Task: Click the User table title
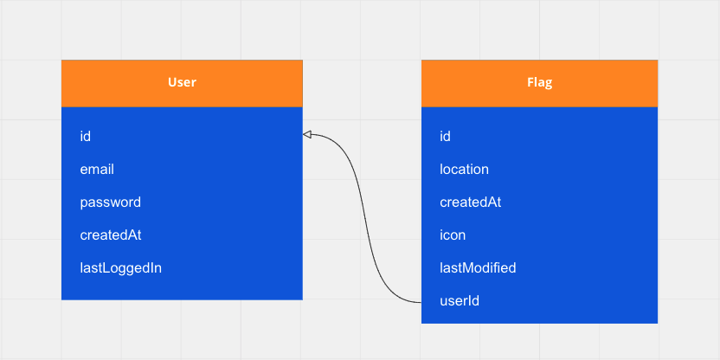pyautogui.click(x=182, y=83)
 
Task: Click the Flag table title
pyautogui.click(x=539, y=83)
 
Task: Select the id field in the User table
pyautogui.click(x=86, y=137)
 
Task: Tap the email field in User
pyautogui.click(x=97, y=170)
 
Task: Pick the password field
pyautogui.click(x=111, y=202)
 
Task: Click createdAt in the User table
pyautogui.click(x=111, y=235)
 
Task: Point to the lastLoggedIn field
pyautogui.click(x=121, y=268)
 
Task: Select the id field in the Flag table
pyautogui.click(x=446, y=137)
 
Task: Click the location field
pyautogui.click(x=464, y=170)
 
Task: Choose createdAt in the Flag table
pyautogui.click(x=471, y=202)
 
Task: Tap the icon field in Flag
pyautogui.click(x=453, y=235)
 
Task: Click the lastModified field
pyautogui.click(x=478, y=268)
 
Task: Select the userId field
pyautogui.click(x=460, y=301)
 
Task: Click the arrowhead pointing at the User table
pyautogui.click(x=307, y=134)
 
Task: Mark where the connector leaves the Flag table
pyautogui.click(x=421, y=303)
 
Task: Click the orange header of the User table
pyautogui.click(x=182, y=83)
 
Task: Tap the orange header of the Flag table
pyautogui.click(x=539, y=83)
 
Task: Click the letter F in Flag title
pyautogui.click(x=530, y=83)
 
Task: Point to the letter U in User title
pyautogui.click(x=172, y=83)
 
